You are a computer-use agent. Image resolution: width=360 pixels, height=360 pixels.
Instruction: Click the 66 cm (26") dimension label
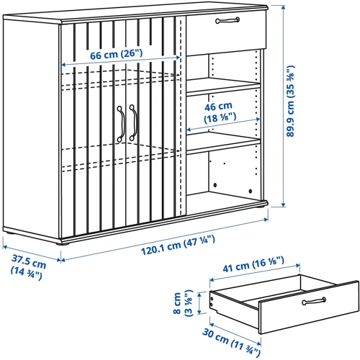click(x=116, y=55)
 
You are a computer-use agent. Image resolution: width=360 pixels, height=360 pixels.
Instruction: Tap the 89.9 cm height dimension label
click(x=290, y=101)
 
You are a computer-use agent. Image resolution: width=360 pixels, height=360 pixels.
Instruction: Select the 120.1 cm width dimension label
click(x=178, y=245)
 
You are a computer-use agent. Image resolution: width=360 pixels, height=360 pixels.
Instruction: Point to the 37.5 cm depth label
click(x=28, y=267)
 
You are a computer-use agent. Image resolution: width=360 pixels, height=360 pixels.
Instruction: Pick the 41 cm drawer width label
click(x=253, y=264)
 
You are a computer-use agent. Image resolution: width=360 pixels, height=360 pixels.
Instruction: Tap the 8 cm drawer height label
click(x=183, y=303)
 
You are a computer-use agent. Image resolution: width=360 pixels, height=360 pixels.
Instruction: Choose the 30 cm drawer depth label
click(x=231, y=342)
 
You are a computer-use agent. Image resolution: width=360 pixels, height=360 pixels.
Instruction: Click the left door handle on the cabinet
click(x=121, y=124)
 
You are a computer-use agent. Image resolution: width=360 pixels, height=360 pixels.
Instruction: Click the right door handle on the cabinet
click(x=133, y=122)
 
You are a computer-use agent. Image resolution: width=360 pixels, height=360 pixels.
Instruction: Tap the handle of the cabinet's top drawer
click(x=228, y=20)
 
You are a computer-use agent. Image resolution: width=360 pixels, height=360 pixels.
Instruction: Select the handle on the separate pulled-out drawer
click(x=314, y=301)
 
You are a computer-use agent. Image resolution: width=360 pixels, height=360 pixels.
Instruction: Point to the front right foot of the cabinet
click(x=261, y=207)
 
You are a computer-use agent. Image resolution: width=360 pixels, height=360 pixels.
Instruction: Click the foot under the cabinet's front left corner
click(x=63, y=244)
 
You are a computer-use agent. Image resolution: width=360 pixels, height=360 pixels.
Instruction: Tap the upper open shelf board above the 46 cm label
click(x=223, y=86)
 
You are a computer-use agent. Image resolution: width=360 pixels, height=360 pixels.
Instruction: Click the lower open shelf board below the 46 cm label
click(x=223, y=143)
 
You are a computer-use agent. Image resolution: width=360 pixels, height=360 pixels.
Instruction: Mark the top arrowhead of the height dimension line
click(x=284, y=8)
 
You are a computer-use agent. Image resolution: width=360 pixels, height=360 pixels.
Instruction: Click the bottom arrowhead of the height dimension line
click(x=284, y=204)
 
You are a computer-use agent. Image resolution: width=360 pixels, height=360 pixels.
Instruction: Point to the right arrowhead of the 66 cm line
click(x=178, y=58)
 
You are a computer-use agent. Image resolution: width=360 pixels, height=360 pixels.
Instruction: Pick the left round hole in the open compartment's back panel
click(x=215, y=185)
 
